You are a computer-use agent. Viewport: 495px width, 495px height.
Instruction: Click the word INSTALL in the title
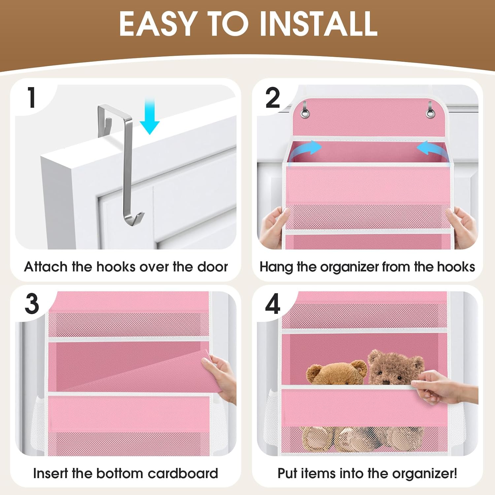tap(318, 24)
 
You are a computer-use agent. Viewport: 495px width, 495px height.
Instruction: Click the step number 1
tap(32, 98)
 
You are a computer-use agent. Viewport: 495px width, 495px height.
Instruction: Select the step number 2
tap(273, 98)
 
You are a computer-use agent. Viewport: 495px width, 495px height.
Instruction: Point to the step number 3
tap(32, 304)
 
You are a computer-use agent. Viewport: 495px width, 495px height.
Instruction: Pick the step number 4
tap(273, 304)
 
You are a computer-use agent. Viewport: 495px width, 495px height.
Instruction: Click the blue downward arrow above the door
tap(149, 117)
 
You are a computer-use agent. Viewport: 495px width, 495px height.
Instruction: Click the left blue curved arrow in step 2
tap(305, 150)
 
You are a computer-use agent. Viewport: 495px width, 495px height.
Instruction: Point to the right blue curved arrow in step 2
tap(432, 150)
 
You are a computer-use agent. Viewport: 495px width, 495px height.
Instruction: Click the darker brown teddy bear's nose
tap(386, 382)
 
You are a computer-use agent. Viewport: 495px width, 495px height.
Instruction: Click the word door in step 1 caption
tap(213, 267)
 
